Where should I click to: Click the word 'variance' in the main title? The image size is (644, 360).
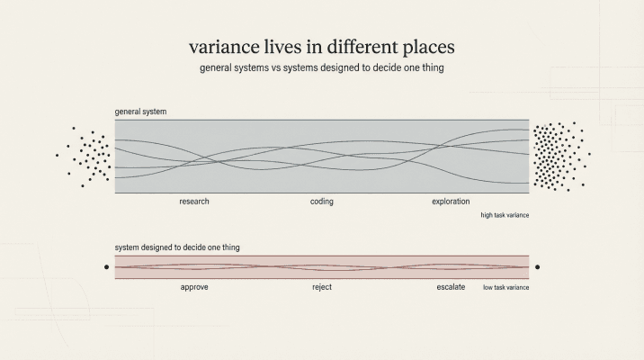point(220,46)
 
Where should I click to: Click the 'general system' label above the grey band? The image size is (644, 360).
point(140,112)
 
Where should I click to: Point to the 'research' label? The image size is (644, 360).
point(194,202)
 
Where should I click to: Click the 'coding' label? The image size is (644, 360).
point(322,202)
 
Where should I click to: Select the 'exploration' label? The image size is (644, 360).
point(451,202)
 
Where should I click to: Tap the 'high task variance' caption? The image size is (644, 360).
point(505,216)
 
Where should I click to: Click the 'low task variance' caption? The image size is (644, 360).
point(505,287)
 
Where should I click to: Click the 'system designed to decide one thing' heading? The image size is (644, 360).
point(177,247)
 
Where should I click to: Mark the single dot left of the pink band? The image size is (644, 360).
point(106,267)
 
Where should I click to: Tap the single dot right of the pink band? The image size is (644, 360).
point(537,267)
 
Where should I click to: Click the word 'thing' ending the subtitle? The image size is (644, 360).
point(433,68)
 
